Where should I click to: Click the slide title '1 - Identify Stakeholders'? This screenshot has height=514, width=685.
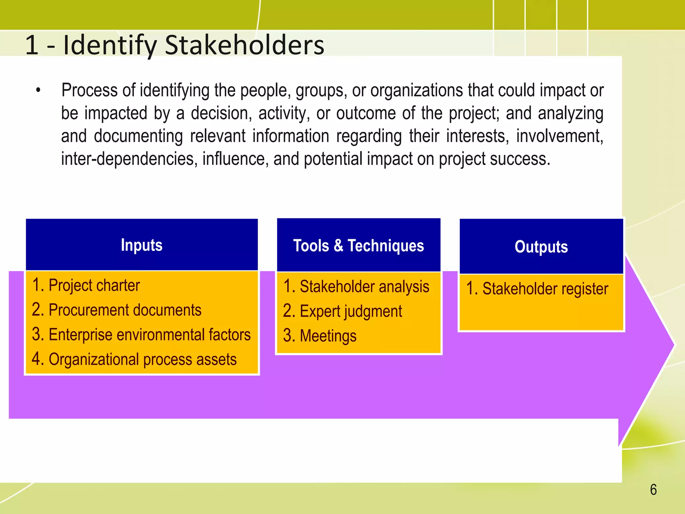pyautogui.click(x=174, y=45)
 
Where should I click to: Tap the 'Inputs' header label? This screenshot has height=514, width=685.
pyautogui.click(x=141, y=245)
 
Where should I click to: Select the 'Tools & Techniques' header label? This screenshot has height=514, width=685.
pyautogui.click(x=359, y=246)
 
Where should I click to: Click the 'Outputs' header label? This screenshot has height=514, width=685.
pyautogui.click(x=541, y=247)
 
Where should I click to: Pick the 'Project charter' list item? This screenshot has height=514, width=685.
pyautogui.click(x=94, y=285)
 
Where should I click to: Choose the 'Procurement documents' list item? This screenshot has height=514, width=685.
pyautogui.click(x=125, y=310)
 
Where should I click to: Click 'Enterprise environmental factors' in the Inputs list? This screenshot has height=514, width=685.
pyautogui.click(x=150, y=335)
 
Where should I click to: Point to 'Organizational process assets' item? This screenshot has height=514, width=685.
pyautogui.click(x=142, y=359)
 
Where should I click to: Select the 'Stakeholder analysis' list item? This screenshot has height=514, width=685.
pyautogui.click(x=364, y=287)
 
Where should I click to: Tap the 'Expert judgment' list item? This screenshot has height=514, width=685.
pyautogui.click(x=351, y=312)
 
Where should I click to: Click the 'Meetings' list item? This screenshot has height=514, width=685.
pyautogui.click(x=328, y=336)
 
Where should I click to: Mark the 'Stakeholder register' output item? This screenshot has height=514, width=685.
pyautogui.click(x=545, y=289)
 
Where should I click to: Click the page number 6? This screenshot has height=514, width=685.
pyautogui.click(x=653, y=490)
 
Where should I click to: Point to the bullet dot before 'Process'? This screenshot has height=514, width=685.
pyautogui.click(x=38, y=90)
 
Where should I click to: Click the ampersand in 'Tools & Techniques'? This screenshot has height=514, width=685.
pyautogui.click(x=338, y=246)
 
